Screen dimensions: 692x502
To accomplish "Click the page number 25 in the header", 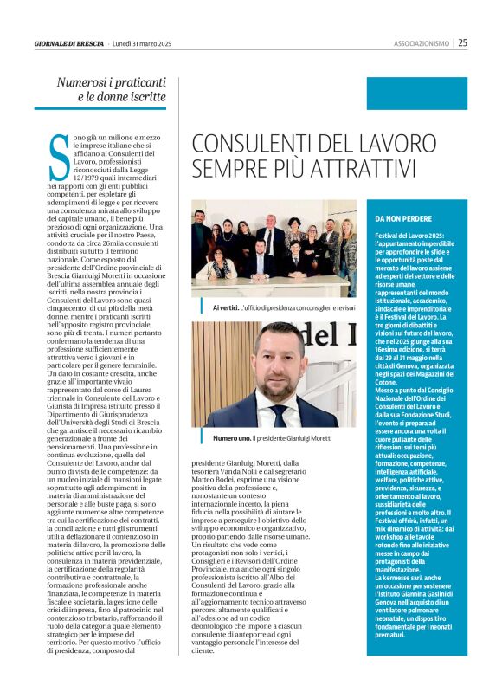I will point(463,42).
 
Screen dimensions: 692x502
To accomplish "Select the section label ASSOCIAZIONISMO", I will point(421,42).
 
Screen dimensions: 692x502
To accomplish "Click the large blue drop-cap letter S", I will point(59,158).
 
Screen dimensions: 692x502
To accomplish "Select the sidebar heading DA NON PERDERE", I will point(403,218).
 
